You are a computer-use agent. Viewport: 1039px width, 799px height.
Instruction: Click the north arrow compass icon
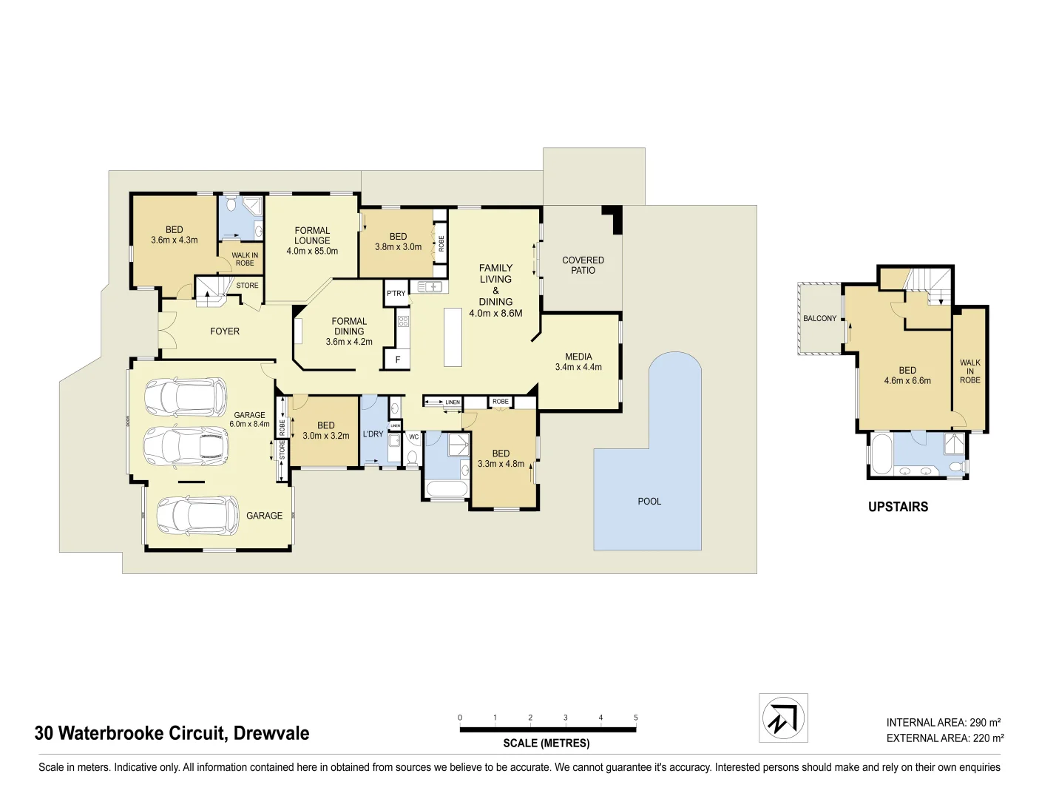(783, 718)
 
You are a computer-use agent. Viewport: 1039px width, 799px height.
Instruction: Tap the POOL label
(649, 502)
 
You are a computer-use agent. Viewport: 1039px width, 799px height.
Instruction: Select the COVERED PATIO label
(583, 266)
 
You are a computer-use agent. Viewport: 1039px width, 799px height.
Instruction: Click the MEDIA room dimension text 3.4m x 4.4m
(578, 367)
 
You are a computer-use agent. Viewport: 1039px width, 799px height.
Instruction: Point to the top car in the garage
(185, 397)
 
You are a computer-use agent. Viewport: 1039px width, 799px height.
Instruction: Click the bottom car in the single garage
(197, 515)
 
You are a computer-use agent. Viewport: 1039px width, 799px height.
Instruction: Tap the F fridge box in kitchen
(397, 360)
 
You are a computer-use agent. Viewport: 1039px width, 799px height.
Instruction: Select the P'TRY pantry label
(396, 294)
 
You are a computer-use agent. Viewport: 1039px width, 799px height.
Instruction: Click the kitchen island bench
(453, 337)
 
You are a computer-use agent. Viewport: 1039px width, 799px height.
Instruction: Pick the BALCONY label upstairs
(819, 319)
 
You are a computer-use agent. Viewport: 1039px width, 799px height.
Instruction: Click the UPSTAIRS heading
(898, 507)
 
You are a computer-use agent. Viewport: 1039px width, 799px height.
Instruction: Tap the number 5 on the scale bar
(635, 718)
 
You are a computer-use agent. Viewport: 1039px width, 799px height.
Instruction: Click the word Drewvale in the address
(271, 733)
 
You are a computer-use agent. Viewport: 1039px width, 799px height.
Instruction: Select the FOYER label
(225, 331)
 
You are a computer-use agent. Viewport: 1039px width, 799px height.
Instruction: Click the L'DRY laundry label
(373, 434)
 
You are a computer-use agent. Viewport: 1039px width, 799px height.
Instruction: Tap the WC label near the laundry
(413, 437)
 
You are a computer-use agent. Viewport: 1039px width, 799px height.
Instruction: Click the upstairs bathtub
(880, 454)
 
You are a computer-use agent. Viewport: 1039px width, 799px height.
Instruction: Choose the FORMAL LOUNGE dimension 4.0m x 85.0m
(312, 252)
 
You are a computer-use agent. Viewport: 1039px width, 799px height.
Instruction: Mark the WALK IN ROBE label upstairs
(969, 371)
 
